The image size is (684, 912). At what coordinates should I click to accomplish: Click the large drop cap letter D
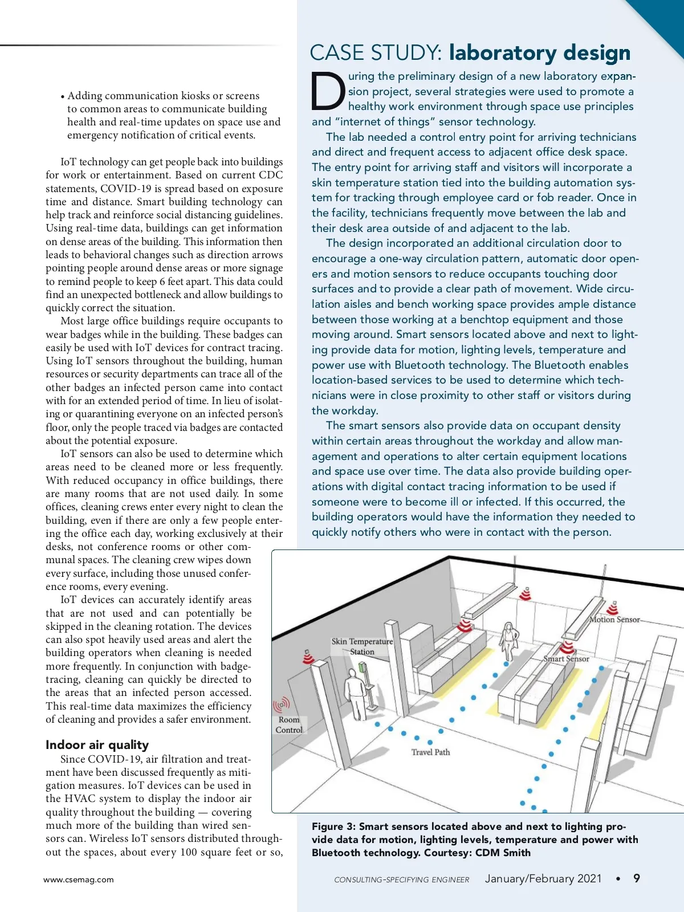click(328, 92)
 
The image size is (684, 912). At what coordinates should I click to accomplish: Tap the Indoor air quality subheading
click(97, 745)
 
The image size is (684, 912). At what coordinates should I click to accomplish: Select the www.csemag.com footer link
click(79, 880)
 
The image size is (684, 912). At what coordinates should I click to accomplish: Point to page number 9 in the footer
click(637, 878)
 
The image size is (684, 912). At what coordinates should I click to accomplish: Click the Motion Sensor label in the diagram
click(614, 620)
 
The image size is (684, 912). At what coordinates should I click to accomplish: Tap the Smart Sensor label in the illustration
click(566, 659)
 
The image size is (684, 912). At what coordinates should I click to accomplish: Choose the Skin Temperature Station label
click(363, 646)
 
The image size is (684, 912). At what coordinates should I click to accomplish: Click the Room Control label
click(289, 724)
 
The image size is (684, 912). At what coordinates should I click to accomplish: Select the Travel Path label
click(430, 752)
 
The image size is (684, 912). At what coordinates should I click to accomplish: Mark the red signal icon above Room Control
click(281, 706)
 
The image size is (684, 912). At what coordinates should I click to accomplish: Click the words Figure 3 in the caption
click(333, 826)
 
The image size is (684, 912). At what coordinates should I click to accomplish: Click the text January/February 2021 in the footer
click(543, 878)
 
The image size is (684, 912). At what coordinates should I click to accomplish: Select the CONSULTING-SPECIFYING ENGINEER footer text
click(401, 880)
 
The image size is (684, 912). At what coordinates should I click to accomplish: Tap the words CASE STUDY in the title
click(376, 53)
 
